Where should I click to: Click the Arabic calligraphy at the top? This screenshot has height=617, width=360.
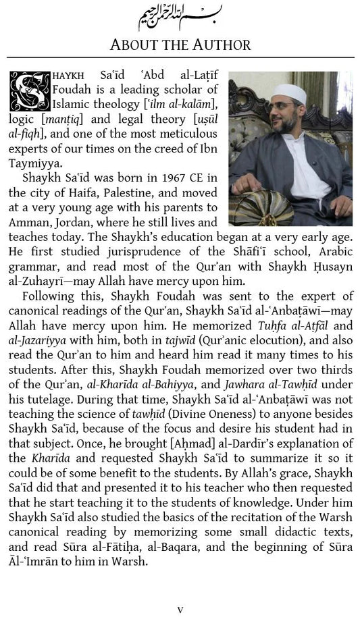tap(180, 14)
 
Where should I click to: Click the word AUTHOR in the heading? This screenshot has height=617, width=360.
tap(216, 45)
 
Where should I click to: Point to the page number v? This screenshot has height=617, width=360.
tap(180, 609)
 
